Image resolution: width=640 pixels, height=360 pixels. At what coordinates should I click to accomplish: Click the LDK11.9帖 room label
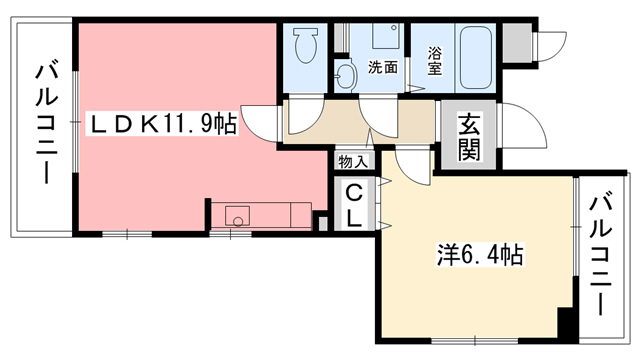click(164, 125)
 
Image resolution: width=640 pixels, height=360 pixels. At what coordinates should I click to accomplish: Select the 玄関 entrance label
click(468, 137)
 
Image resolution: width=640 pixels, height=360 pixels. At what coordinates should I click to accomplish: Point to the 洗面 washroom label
click(383, 69)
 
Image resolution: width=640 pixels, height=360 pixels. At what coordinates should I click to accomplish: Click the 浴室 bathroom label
click(435, 62)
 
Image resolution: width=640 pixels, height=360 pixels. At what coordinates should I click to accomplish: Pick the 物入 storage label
click(352, 161)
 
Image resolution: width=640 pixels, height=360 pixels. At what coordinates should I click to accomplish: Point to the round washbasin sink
click(345, 76)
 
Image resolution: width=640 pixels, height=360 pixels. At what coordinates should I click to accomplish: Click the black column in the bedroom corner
click(566, 325)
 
